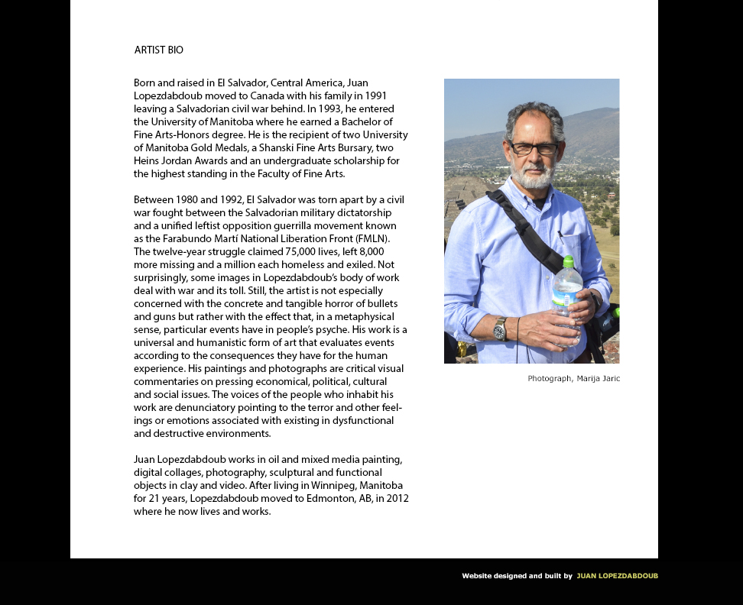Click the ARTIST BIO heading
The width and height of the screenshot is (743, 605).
pos(159,50)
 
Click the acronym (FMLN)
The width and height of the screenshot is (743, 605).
pos(370,238)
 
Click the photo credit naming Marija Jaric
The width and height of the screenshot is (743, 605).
pos(573,379)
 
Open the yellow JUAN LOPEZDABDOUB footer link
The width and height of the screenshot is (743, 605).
pos(617,576)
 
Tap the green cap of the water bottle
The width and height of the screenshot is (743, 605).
pos(568,262)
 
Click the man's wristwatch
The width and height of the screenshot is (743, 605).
pos(500,328)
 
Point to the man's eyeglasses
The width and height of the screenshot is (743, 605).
pos(534,148)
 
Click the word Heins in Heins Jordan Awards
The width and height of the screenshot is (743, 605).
pos(148,160)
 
